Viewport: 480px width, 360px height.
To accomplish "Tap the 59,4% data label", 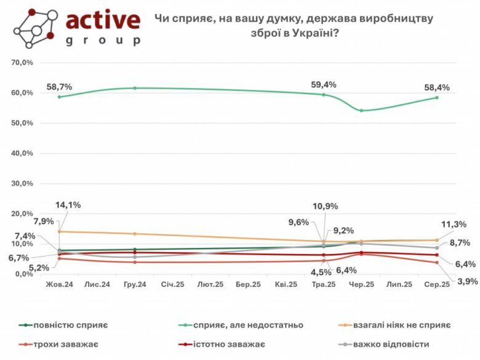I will (x=324, y=85).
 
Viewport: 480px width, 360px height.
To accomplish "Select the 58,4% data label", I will (x=438, y=88).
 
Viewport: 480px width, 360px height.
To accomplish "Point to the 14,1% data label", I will (x=68, y=206).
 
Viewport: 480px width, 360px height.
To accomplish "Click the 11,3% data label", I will (x=454, y=224).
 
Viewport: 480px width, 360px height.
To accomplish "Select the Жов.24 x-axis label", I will (x=59, y=285).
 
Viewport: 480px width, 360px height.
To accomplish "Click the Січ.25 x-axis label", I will (x=172, y=285).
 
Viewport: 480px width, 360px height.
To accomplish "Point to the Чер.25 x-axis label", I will (x=361, y=285).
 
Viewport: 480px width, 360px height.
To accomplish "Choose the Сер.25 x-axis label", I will (x=437, y=285).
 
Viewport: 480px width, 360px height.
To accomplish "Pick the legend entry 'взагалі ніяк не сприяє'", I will (x=407, y=325).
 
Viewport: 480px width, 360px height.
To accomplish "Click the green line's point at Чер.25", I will (x=361, y=111).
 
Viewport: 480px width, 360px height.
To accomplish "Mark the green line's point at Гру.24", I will (x=135, y=88).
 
